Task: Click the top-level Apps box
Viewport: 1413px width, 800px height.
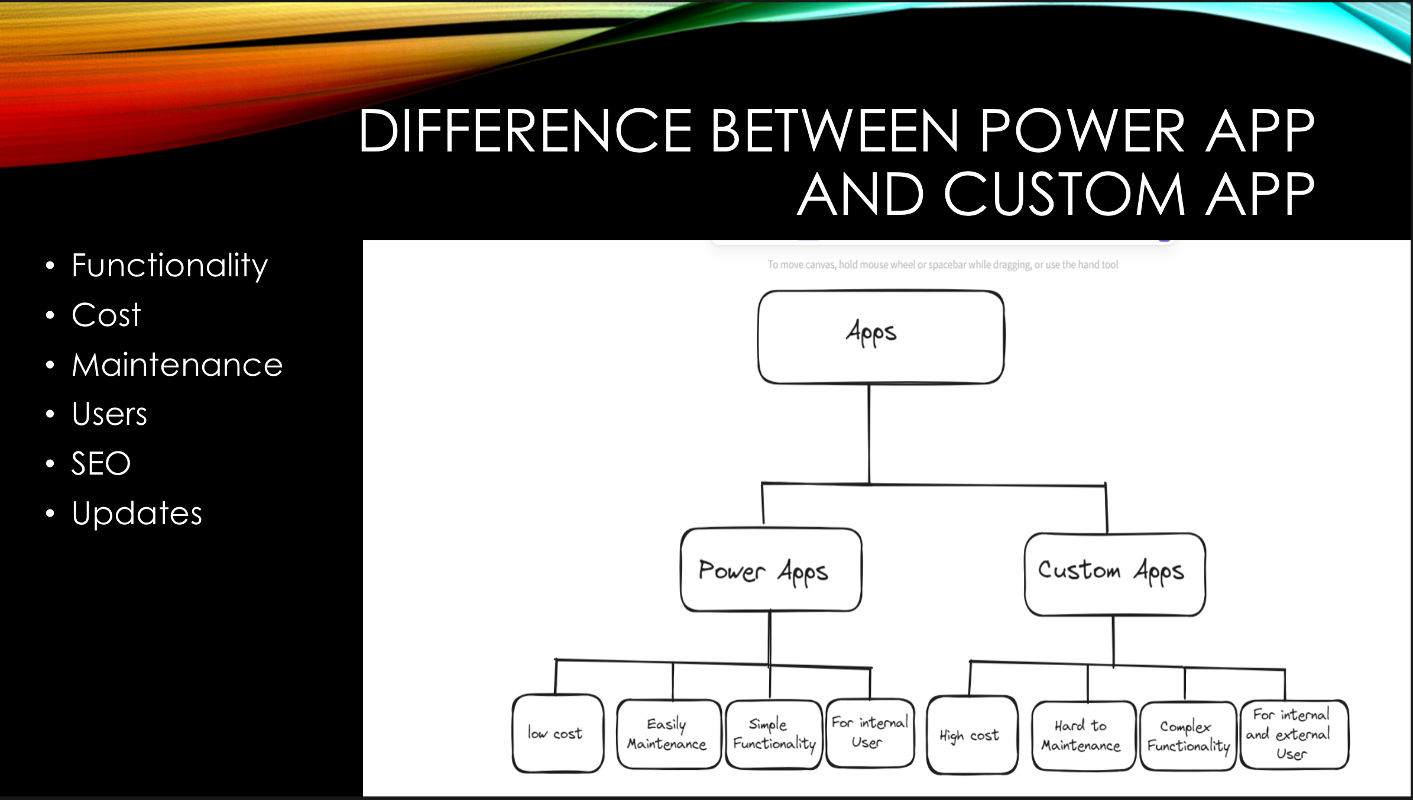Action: [880, 336]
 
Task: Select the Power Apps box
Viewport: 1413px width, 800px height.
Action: [770, 570]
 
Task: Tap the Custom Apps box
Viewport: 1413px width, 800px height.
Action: [1114, 573]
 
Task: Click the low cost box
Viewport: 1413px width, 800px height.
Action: [557, 734]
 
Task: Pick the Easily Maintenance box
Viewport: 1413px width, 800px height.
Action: [667, 734]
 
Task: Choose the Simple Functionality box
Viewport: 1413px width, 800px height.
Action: [773, 734]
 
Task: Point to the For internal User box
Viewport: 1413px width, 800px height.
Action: [869, 733]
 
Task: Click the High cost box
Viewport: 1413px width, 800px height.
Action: [971, 735]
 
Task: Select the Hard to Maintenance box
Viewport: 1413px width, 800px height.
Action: [1083, 736]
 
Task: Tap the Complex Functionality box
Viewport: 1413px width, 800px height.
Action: [1188, 736]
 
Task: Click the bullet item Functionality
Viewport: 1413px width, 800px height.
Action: [169, 265]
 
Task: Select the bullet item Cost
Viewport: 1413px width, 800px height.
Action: [106, 315]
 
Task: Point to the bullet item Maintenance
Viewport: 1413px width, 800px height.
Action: [177, 364]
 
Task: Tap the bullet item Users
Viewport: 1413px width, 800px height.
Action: [109, 414]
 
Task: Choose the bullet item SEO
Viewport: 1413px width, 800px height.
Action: [101, 463]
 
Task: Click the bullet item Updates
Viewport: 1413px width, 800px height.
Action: [137, 513]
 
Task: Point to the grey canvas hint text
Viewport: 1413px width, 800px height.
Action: [942, 264]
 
